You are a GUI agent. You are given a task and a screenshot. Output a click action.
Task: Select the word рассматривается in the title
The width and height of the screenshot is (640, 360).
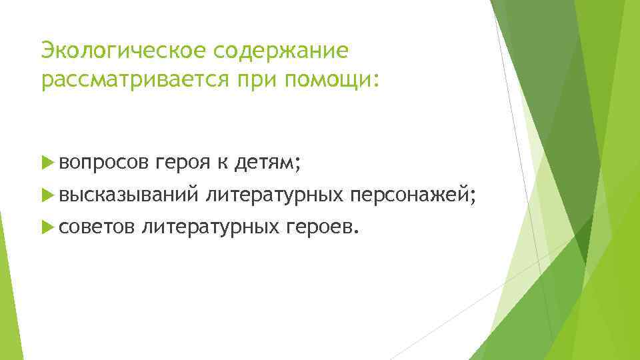coord(137,80)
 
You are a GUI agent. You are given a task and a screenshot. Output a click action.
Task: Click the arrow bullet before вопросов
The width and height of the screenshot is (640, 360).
coord(46,161)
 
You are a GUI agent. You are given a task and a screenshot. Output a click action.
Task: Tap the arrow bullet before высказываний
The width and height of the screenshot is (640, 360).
coord(46,195)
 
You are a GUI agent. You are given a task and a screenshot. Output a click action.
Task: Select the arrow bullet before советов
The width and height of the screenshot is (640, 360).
coord(46,229)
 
